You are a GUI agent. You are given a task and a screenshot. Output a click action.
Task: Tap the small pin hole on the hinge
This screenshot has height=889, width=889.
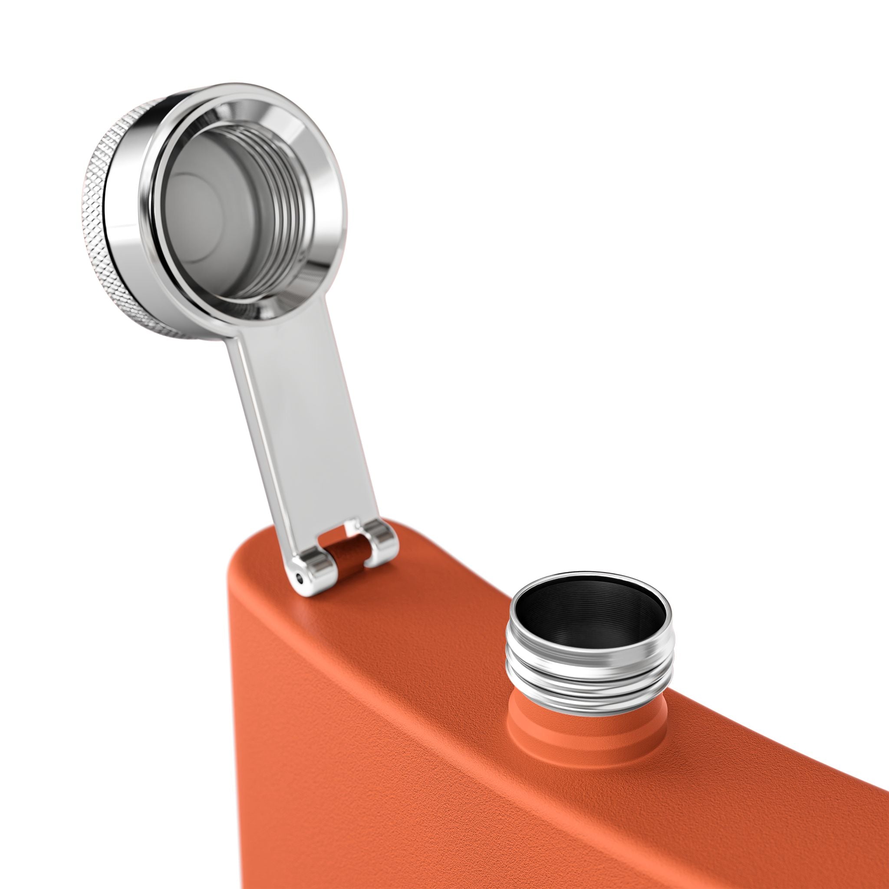coord(300,578)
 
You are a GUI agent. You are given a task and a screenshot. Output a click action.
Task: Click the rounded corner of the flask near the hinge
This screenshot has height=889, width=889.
coord(244,566)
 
